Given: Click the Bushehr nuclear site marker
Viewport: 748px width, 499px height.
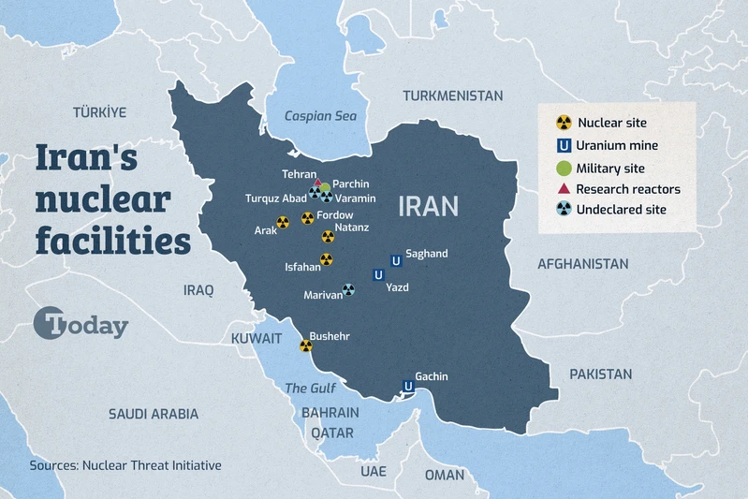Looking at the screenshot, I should click(305, 345).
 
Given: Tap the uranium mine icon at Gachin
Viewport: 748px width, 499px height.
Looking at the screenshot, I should click(408, 386).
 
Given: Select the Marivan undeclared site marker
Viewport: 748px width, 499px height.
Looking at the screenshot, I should click(348, 290).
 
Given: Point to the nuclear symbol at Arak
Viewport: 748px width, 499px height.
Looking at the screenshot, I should click(283, 222).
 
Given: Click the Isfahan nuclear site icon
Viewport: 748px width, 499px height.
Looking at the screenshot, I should click(327, 259).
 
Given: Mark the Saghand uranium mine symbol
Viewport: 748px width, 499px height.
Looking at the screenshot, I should click(395, 260).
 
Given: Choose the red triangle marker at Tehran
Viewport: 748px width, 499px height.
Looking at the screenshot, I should click(317, 183).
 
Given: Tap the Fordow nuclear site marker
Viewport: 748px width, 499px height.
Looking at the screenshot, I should click(307, 218).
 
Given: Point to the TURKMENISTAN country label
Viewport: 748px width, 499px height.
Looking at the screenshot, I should click(452, 95).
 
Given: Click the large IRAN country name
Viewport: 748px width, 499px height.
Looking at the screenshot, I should click(429, 206).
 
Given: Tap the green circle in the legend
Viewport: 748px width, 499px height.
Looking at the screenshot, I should click(564, 168).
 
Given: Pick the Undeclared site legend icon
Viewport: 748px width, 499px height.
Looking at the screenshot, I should click(564, 210).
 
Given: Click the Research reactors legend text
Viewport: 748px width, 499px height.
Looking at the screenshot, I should click(627, 189).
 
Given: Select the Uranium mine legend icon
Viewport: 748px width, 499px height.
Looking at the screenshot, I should click(564, 145).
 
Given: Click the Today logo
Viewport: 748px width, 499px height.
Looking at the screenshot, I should click(81, 325).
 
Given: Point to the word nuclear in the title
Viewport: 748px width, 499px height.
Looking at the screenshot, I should click(103, 200).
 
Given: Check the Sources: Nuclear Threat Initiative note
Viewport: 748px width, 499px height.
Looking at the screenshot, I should click(125, 464).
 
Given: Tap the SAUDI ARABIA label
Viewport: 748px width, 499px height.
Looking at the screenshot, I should click(154, 413).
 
